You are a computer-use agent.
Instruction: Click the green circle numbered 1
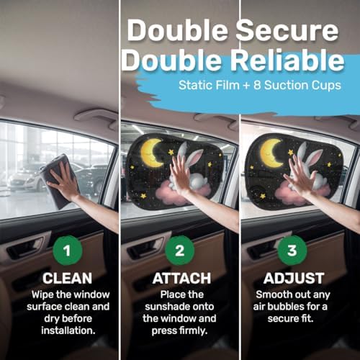[x=68, y=251]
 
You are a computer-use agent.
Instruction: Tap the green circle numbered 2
[x=179, y=251]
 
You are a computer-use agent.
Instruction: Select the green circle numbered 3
[x=292, y=251]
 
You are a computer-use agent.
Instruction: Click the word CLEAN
[x=68, y=279]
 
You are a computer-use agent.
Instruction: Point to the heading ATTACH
[x=181, y=279]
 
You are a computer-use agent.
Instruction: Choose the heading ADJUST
[x=294, y=279]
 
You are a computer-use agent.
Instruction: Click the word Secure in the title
[x=287, y=30]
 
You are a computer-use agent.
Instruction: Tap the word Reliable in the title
[x=287, y=60]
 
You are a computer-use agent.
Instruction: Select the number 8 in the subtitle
[x=257, y=85]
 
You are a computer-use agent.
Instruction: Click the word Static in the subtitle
[x=195, y=85]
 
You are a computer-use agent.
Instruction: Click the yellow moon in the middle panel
[x=152, y=153]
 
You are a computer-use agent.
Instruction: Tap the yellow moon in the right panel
[x=271, y=153]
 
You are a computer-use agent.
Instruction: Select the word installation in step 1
[x=68, y=330]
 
